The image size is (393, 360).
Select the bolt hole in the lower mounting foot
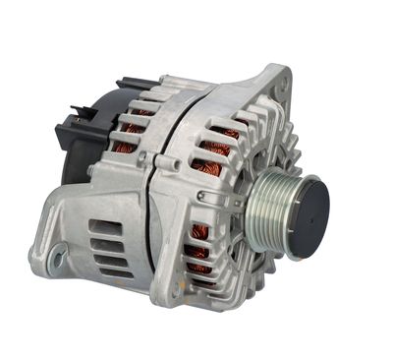[58, 257]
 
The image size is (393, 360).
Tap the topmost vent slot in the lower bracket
[102, 226]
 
